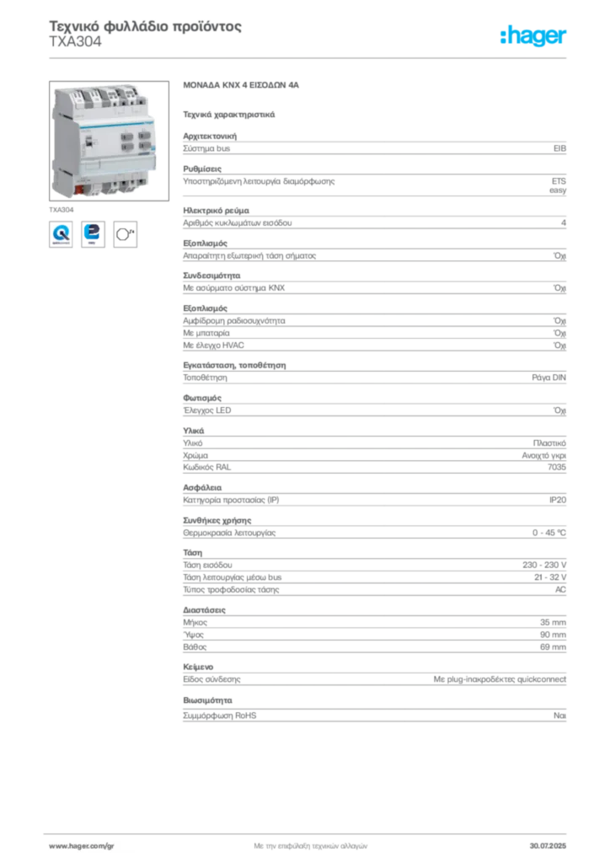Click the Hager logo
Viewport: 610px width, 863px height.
pyautogui.click(x=532, y=36)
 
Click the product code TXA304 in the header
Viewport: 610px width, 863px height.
pyautogui.click(x=75, y=42)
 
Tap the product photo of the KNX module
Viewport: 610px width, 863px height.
pyautogui.click(x=109, y=141)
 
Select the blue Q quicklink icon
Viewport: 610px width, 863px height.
pyautogui.click(x=61, y=234)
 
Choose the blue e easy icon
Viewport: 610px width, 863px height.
pyautogui.click(x=93, y=234)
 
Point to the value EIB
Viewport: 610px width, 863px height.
pyautogui.click(x=559, y=148)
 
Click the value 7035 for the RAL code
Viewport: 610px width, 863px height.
pyautogui.click(x=557, y=467)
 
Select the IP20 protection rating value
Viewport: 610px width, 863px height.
pyautogui.click(x=558, y=500)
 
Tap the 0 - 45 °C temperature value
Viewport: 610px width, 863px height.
pyautogui.click(x=549, y=533)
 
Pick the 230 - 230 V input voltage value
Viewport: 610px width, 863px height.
pyautogui.click(x=544, y=565)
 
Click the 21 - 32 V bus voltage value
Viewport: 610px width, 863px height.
pyautogui.click(x=550, y=577)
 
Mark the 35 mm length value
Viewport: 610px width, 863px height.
pyautogui.click(x=553, y=623)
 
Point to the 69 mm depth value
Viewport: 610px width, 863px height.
pyautogui.click(x=553, y=647)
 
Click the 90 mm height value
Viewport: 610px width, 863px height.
pyautogui.click(x=553, y=635)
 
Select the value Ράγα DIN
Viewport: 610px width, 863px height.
pyautogui.click(x=549, y=378)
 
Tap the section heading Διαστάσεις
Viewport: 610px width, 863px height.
pyautogui.click(x=204, y=610)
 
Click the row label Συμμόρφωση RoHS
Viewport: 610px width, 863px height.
pyautogui.click(x=219, y=716)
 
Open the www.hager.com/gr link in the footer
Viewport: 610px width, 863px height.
pyautogui.click(x=82, y=846)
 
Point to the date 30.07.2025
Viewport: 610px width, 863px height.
pyautogui.click(x=548, y=846)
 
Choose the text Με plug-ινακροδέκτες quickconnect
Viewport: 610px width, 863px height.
pyautogui.click(x=500, y=679)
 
